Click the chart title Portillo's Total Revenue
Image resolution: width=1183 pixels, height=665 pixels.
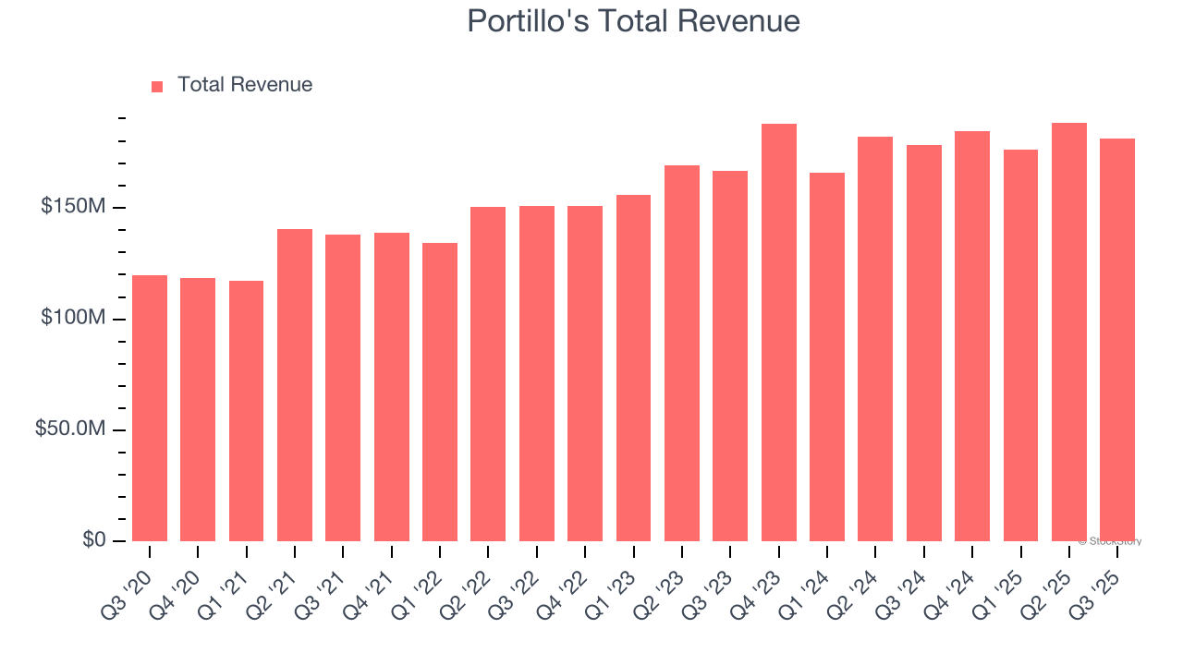pos(633,21)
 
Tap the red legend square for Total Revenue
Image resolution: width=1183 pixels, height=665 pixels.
pos(157,86)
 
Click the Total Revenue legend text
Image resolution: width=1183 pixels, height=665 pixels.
pos(245,85)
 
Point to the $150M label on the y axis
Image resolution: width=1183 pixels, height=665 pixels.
pos(72,207)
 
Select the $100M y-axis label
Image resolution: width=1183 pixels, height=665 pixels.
pos(72,319)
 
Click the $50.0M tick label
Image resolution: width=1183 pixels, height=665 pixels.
pos(69,429)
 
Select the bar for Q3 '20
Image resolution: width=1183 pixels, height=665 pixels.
pos(150,408)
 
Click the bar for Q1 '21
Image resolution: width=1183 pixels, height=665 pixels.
pos(246,411)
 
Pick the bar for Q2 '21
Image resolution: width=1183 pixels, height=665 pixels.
pos(295,385)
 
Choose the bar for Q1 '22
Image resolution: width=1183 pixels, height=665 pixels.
pos(440,392)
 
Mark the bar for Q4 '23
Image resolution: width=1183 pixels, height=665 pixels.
pos(779,332)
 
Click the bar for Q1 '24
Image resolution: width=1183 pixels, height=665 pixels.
pos(827,357)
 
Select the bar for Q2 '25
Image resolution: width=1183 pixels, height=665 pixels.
pos(1069,332)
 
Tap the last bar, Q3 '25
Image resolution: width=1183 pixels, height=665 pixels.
pos(1117,340)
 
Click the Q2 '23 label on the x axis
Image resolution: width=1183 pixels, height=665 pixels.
pos(667,581)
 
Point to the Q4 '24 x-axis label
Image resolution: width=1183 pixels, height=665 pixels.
pos(957,581)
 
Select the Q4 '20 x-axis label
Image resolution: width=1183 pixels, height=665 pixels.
pos(183,581)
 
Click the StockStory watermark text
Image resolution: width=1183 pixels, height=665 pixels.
pos(1110,541)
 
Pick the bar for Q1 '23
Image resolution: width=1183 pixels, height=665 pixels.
pos(633,368)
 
